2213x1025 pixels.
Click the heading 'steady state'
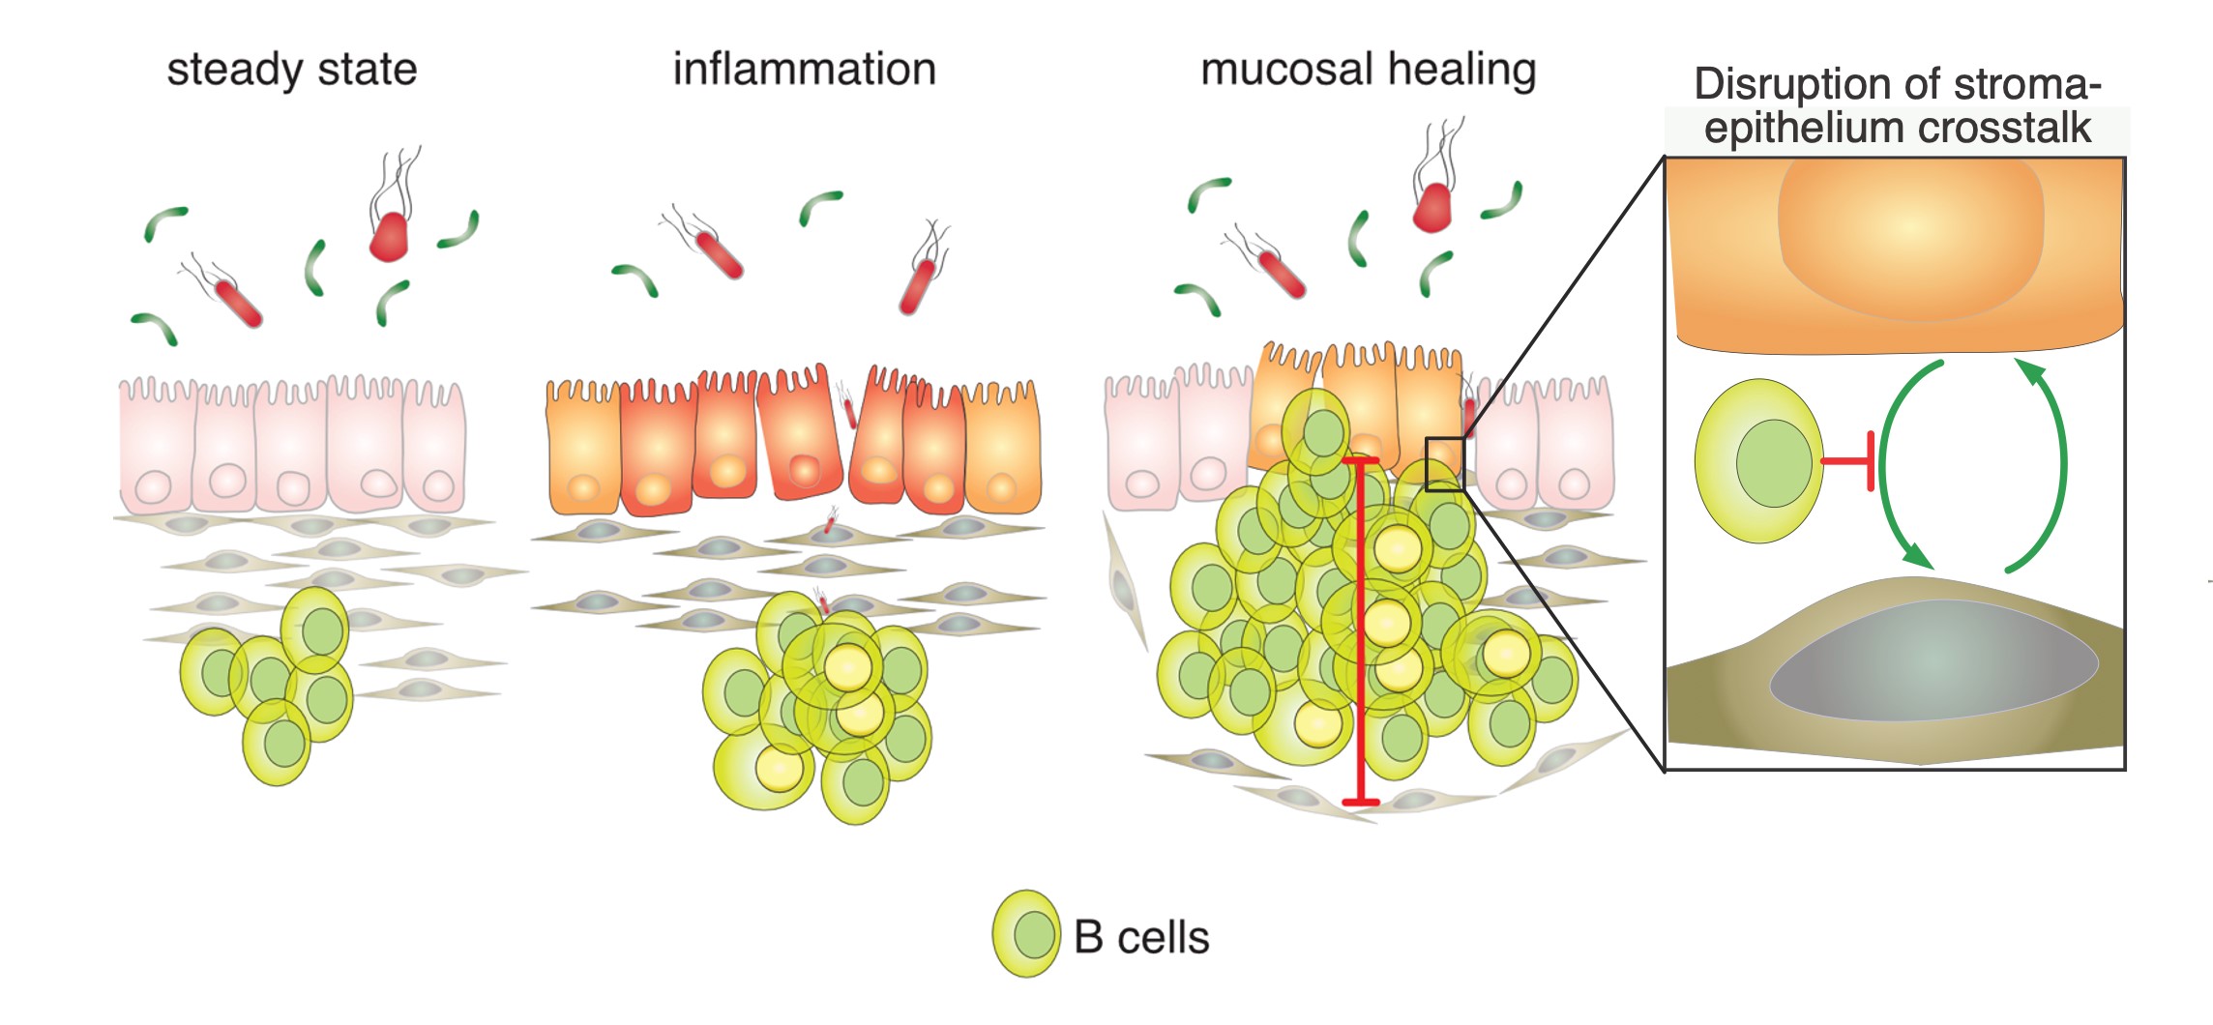291,70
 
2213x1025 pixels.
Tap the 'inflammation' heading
804,70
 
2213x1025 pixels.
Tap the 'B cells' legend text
1141,937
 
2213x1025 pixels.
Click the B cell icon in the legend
1026,933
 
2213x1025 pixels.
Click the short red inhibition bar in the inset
1850,461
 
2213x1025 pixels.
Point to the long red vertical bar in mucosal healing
1361,629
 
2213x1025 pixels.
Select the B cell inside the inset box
1759,461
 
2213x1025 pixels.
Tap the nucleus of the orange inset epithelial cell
1910,237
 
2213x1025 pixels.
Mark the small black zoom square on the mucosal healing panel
1444,464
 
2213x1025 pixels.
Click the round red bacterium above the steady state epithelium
389,236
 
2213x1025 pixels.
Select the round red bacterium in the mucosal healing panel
1432,207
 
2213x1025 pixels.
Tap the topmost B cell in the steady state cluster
315,630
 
